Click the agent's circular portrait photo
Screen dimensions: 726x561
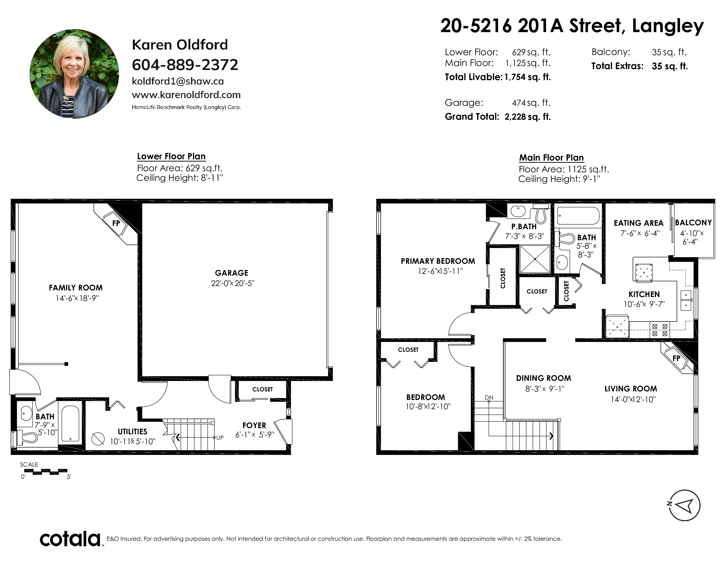click(74, 74)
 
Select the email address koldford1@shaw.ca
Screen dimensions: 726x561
click(178, 81)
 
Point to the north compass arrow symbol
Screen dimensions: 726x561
click(685, 506)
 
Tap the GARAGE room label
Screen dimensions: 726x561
click(232, 273)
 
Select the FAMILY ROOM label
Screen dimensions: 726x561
click(76, 288)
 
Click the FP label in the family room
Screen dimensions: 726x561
click(116, 223)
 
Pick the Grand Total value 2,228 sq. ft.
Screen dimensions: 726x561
click(528, 117)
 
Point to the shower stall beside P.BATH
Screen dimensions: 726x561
click(535, 259)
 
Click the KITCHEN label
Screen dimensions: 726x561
click(644, 294)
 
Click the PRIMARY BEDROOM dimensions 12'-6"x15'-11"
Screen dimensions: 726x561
click(440, 271)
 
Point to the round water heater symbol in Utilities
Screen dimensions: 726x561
click(98, 439)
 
